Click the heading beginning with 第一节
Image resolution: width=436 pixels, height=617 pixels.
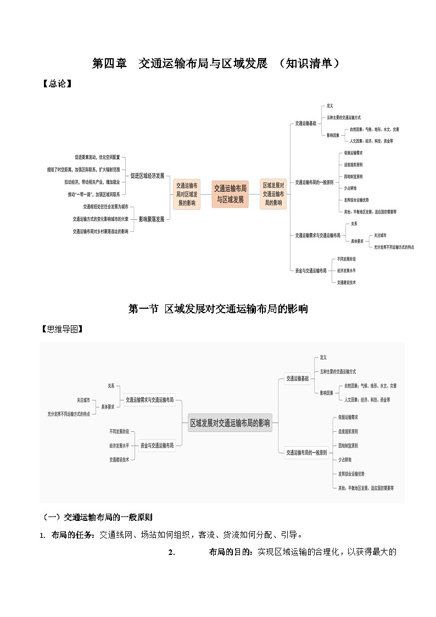coord(218,309)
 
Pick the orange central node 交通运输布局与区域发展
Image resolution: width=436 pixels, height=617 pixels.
coord(230,194)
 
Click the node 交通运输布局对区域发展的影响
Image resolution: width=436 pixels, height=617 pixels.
coord(187,194)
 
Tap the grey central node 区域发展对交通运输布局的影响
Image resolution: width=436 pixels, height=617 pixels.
coord(230,423)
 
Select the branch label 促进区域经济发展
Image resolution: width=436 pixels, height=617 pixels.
coord(147,176)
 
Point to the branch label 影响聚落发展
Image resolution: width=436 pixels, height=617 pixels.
coord(151,219)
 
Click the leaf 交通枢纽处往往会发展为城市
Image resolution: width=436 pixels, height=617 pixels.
coord(105,207)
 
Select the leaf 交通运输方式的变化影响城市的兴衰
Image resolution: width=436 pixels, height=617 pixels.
coord(100,219)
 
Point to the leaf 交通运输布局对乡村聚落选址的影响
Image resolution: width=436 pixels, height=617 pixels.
coord(100,231)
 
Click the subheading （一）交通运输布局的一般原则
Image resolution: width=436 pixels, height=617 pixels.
coord(98,517)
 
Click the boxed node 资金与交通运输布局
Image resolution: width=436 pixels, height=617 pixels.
coord(158,445)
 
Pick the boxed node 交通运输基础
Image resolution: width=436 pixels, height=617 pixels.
coord(297,379)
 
